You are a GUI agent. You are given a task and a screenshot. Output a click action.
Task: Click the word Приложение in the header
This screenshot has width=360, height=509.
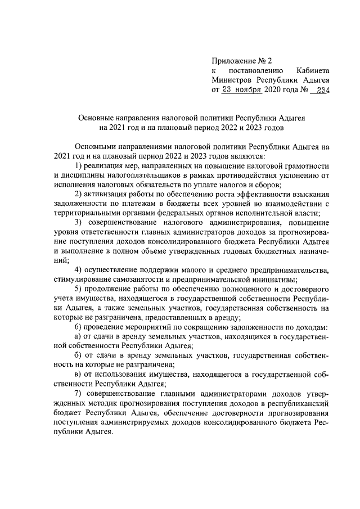click(x=233, y=60)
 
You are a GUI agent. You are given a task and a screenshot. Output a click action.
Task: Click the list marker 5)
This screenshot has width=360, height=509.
click(x=79, y=290)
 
